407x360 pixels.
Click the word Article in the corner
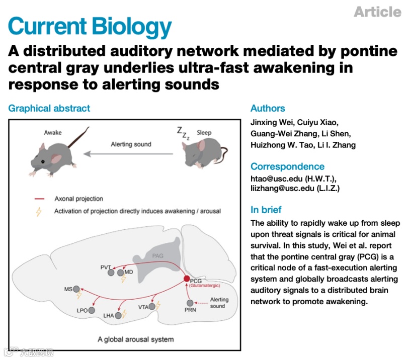click(378, 12)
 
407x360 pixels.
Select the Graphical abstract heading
click(49, 108)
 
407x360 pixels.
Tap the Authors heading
click(268, 108)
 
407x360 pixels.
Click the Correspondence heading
click(288, 166)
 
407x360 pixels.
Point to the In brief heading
click(266, 210)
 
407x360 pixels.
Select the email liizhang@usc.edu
click(279, 189)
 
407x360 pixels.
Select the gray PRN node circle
click(190, 303)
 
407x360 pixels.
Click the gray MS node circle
click(77, 289)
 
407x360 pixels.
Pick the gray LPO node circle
click(92, 311)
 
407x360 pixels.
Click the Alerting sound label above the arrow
click(131, 144)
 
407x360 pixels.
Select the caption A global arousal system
click(136, 339)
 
